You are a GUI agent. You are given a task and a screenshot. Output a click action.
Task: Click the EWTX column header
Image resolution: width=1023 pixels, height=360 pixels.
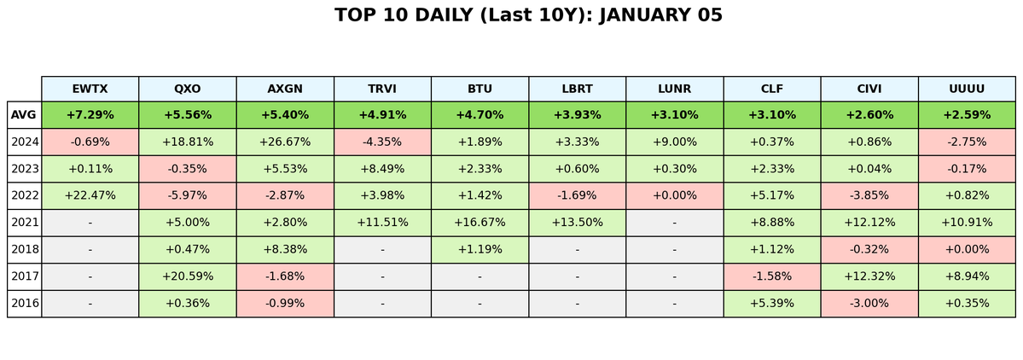[x=90, y=88]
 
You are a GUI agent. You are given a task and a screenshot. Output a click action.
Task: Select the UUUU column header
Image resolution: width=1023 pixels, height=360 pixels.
[x=967, y=88]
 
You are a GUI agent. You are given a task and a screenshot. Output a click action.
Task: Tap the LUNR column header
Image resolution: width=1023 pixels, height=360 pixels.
[x=674, y=88]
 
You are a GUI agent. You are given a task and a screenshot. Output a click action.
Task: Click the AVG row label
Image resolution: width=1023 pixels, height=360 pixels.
[x=24, y=115]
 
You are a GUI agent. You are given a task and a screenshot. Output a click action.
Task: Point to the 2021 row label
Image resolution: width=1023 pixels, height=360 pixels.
[x=24, y=223]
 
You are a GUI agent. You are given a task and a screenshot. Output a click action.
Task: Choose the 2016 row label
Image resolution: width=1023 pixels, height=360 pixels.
[x=24, y=304]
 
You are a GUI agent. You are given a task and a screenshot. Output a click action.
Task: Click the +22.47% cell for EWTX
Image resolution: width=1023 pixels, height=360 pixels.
[x=90, y=195]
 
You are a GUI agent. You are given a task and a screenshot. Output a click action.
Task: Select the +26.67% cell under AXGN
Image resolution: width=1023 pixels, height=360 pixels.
[x=285, y=142]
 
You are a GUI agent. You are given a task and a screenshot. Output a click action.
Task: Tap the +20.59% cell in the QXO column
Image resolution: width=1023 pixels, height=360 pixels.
[x=187, y=276]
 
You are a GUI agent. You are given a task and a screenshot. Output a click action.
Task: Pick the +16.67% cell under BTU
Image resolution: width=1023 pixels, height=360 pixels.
[x=480, y=223]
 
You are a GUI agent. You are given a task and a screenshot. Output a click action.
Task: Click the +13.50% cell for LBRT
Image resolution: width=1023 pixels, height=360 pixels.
[x=577, y=223]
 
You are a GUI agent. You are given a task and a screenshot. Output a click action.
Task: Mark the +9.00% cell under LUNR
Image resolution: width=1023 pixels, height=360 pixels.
[x=674, y=142]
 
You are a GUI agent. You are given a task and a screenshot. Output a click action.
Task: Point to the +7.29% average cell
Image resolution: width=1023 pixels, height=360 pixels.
[x=90, y=115]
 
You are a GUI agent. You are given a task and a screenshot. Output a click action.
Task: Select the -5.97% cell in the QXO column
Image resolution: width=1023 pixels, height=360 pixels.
[x=187, y=195]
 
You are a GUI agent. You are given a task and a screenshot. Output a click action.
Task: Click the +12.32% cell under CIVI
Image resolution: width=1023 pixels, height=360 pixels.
[x=869, y=276]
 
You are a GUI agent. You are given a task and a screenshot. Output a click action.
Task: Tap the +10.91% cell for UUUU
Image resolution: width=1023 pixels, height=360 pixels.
[x=967, y=223]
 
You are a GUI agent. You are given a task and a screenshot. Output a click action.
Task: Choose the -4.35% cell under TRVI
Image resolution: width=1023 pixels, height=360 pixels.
[x=382, y=142]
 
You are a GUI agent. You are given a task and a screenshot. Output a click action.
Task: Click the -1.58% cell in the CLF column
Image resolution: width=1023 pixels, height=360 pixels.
[x=772, y=276]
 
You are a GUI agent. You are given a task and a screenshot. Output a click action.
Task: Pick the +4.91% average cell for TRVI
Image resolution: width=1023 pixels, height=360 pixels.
[x=382, y=115]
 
